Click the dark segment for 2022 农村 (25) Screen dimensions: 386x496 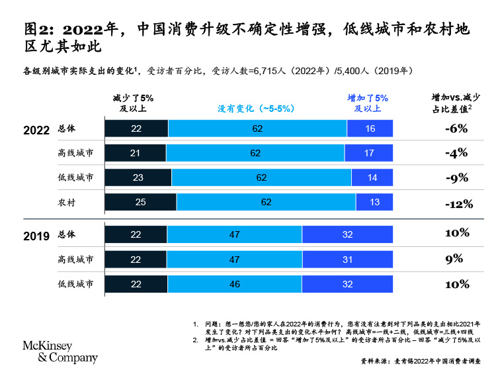pos(140,202)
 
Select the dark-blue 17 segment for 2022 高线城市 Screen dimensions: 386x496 pos(368,153)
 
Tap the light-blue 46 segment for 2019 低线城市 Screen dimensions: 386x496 pos(234,283)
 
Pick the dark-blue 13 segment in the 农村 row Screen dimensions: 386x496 pos(374,202)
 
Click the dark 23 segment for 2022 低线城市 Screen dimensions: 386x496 pos(138,177)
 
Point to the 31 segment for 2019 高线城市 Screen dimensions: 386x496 pos(347,259)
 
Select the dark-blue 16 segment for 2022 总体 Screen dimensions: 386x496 pos(370,128)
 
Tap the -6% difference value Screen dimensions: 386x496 pos(456,128)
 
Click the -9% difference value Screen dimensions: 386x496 pos(456,177)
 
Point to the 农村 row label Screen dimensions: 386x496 pos(67,202)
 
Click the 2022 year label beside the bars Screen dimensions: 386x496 pos(36,130)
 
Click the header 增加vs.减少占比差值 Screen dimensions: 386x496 pos(456,103)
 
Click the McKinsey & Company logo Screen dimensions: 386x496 pos(60,352)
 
